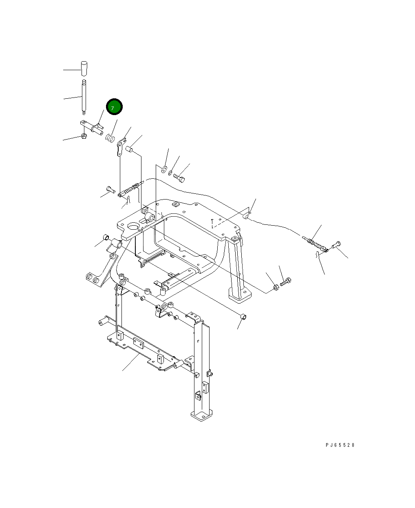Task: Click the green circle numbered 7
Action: point(114,107)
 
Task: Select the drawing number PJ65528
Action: point(340,445)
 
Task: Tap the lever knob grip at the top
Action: point(84,69)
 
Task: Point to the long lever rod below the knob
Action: point(84,97)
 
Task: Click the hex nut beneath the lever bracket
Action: point(84,136)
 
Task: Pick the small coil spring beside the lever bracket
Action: point(110,138)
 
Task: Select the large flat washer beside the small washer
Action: point(164,169)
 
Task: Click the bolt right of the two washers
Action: point(179,178)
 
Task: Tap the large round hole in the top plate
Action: point(134,226)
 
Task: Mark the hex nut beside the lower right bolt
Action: point(276,287)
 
